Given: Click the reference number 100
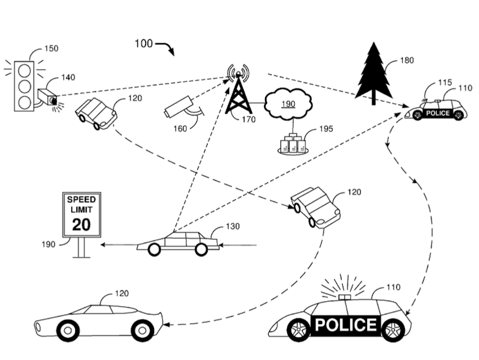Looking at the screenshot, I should [144, 43].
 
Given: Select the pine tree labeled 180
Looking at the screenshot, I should [374, 74].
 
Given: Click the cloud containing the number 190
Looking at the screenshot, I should [288, 104].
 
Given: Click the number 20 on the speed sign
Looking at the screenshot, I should [81, 225].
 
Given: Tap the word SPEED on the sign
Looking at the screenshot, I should [81, 200].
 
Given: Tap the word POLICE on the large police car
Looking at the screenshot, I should [345, 325].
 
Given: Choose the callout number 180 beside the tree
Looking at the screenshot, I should [407, 61].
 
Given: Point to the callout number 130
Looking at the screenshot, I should [232, 226].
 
